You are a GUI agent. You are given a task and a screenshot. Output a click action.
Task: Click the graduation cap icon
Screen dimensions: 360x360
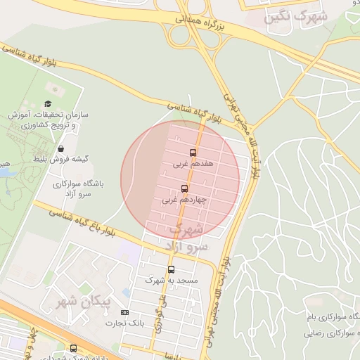[x=48, y=103]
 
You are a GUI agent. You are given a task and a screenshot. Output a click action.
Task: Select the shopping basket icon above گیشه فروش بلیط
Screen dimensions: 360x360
[x=61, y=149]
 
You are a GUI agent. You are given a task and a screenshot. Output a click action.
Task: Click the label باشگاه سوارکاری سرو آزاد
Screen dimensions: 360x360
[x=77, y=188]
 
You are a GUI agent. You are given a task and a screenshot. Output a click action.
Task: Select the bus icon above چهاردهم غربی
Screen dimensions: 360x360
[x=184, y=188]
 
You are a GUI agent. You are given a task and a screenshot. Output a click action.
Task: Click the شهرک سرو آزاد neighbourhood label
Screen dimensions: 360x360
[x=187, y=238]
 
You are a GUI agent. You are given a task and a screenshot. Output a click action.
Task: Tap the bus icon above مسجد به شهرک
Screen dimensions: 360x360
[x=171, y=269]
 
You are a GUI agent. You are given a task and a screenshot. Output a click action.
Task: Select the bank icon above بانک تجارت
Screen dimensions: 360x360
[x=125, y=312]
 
